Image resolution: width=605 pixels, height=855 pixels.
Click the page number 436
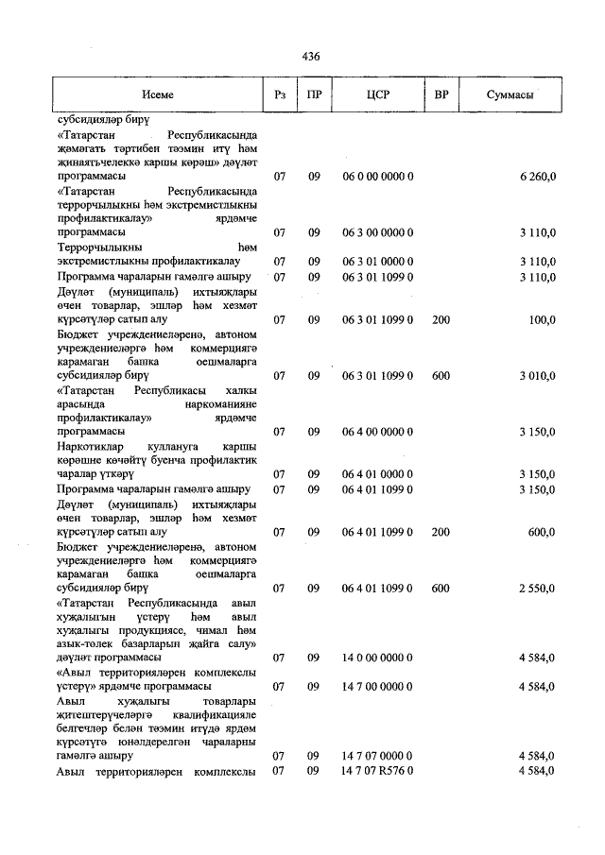click(311, 57)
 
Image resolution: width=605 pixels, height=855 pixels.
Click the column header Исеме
click(158, 95)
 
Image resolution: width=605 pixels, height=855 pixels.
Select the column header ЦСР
click(378, 95)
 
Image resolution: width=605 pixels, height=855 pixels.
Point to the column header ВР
click(441, 95)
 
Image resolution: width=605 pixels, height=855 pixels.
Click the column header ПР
click(314, 95)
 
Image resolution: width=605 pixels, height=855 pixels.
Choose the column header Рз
click(280, 95)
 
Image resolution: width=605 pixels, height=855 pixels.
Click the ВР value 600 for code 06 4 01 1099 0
click(441, 588)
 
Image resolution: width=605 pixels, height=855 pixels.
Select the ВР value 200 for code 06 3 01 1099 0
click(441, 320)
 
